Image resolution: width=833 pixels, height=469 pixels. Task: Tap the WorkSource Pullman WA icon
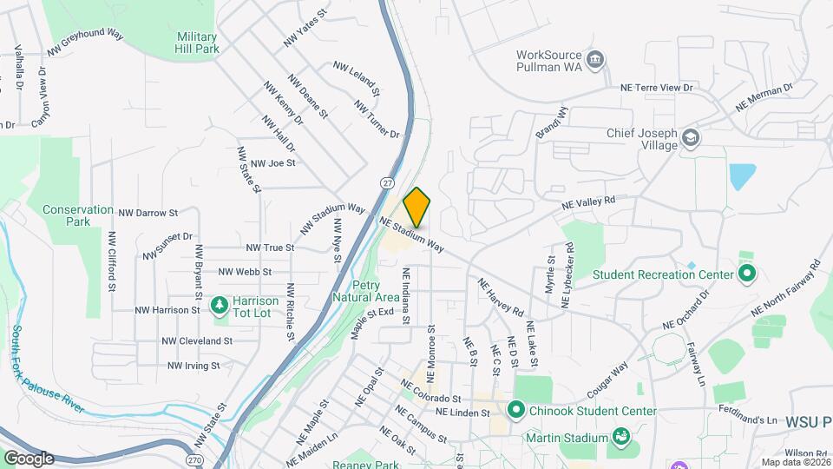[596, 59]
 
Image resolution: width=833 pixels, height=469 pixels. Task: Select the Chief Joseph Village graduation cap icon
[690, 138]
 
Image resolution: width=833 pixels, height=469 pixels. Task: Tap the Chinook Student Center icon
[516, 408]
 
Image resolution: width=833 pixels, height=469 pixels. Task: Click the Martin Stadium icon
[621, 436]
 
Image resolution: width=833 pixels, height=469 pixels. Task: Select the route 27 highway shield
[385, 182]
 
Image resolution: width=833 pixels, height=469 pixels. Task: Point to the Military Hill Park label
[197, 43]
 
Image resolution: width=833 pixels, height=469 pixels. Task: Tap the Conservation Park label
[78, 215]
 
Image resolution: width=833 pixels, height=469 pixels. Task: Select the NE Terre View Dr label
[657, 88]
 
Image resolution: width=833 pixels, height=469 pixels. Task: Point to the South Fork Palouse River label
[43, 363]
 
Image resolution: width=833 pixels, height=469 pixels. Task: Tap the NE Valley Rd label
[588, 201]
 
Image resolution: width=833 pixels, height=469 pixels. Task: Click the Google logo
[29, 459]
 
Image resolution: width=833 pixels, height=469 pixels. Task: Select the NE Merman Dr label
[764, 96]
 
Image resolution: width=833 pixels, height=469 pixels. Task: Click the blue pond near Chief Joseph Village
[742, 176]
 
